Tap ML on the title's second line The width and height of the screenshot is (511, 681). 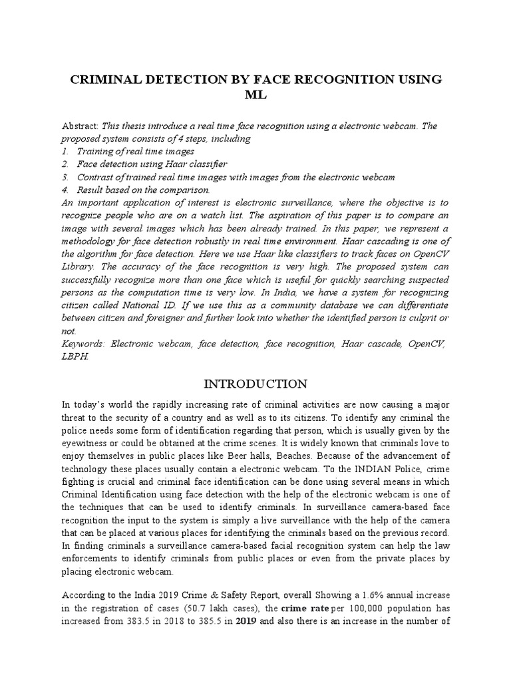click(255, 95)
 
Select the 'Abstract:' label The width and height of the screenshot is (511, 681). click(80, 126)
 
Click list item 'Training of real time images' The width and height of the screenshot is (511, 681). click(136, 151)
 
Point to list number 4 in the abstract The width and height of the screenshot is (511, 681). click(65, 189)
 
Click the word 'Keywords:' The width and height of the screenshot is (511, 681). click(83, 344)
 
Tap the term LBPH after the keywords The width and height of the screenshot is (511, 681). click(75, 356)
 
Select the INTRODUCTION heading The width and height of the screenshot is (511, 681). click(255, 384)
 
